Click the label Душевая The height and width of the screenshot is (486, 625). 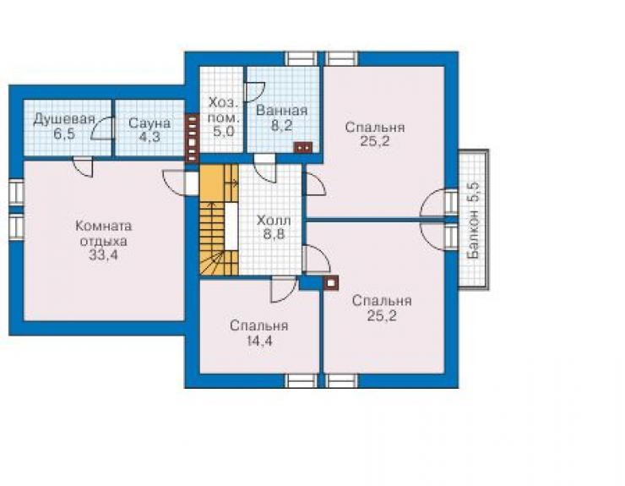pyautogui.click(x=64, y=119)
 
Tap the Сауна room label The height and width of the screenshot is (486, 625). pyautogui.click(x=149, y=123)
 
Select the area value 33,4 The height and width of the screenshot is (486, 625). pyautogui.click(x=103, y=255)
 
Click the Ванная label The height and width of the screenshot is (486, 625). pyautogui.click(x=281, y=111)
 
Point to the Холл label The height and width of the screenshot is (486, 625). pyautogui.click(x=274, y=221)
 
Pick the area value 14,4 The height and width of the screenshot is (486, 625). pyautogui.click(x=258, y=341)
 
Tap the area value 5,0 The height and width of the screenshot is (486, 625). pyautogui.click(x=223, y=131)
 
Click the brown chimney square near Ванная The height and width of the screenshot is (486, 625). pyautogui.click(x=303, y=147)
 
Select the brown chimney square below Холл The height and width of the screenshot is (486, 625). pyautogui.click(x=331, y=283)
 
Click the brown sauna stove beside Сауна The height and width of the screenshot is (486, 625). pyautogui.click(x=192, y=139)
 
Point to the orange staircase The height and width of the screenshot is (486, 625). pyautogui.click(x=219, y=221)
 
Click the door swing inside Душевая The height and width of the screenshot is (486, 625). pyautogui.click(x=102, y=128)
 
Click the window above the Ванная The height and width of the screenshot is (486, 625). pyautogui.click(x=302, y=58)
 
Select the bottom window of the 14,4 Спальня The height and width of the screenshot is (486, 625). pyautogui.click(x=302, y=380)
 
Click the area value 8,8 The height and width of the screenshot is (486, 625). pyautogui.click(x=274, y=234)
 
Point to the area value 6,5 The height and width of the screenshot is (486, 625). pyautogui.click(x=64, y=134)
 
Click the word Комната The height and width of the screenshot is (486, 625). pyautogui.click(x=104, y=227)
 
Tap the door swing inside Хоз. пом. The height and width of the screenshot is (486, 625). pyautogui.click(x=254, y=92)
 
